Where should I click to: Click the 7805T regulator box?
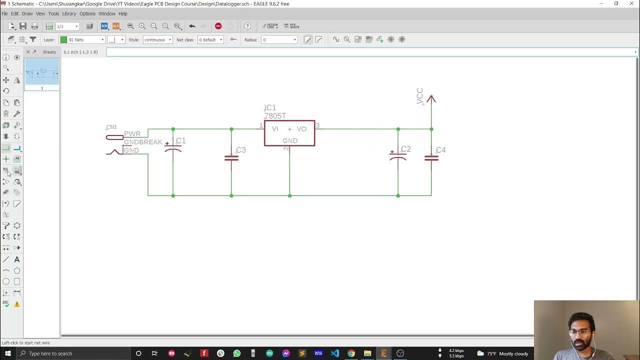[289, 133]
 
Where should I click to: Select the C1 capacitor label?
[181, 141]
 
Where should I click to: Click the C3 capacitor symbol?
[231, 158]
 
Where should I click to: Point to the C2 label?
[405, 149]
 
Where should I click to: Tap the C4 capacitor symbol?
[431, 158]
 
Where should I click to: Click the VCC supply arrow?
[431, 99]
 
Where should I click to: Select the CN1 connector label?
[111, 127]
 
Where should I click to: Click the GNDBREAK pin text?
[143, 142]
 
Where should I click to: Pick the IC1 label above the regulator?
[270, 107]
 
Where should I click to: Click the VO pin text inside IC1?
[301, 129]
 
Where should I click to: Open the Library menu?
[69, 13]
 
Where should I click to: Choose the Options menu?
[87, 13]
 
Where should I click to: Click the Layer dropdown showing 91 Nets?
[82, 39]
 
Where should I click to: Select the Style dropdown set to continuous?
[157, 39]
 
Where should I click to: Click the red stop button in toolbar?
[218, 26]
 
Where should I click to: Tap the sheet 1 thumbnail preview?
[42, 72]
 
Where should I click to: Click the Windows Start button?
[8, 353]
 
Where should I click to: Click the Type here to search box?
[75, 353]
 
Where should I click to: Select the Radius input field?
[279, 39]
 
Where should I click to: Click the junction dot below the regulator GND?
[289, 195]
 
